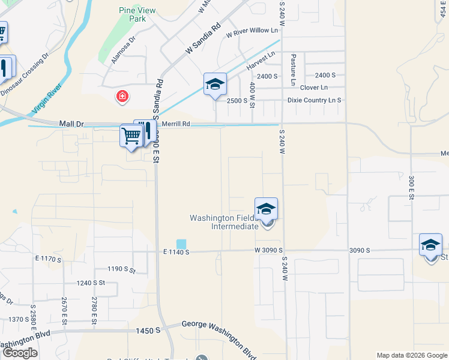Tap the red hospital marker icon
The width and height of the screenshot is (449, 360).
click(x=122, y=96)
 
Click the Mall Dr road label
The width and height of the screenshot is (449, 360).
click(x=71, y=124)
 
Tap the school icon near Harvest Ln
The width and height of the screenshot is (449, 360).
click(x=214, y=85)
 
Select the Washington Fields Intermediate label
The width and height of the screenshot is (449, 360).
click(x=224, y=222)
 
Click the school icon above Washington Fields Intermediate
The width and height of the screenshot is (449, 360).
click(x=266, y=209)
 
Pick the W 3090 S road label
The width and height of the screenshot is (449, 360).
click(x=268, y=250)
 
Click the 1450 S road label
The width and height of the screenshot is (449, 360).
click(x=148, y=330)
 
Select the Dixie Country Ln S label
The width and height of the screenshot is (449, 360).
click(x=315, y=100)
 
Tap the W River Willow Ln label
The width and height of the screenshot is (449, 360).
click(x=252, y=30)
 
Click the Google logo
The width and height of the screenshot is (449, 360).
click(x=20, y=353)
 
